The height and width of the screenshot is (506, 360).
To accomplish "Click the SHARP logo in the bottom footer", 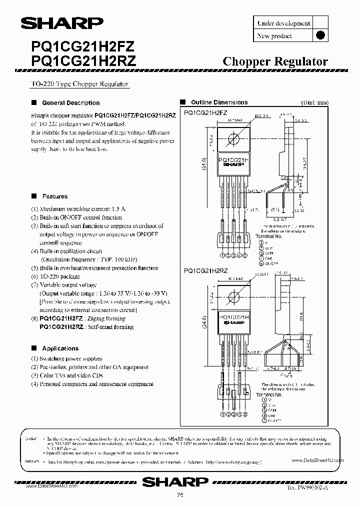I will pos(175,481).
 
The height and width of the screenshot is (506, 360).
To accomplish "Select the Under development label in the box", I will pos(283,23).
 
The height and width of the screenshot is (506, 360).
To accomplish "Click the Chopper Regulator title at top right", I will pos(274,61).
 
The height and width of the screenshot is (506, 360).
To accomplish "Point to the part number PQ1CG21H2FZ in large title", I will pos(79,46).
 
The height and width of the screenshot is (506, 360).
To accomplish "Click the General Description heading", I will pos(70,103).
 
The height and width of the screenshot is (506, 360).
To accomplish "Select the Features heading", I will pos(55,196).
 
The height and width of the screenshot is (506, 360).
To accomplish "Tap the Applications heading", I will pos(60,348).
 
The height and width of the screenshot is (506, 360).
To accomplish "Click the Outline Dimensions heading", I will pos(219,102).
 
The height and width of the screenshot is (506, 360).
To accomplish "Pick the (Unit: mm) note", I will pos(314,102).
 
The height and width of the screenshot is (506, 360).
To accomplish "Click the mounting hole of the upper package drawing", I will pos(232,139).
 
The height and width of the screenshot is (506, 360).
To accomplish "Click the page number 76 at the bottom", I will pos(179,496).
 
